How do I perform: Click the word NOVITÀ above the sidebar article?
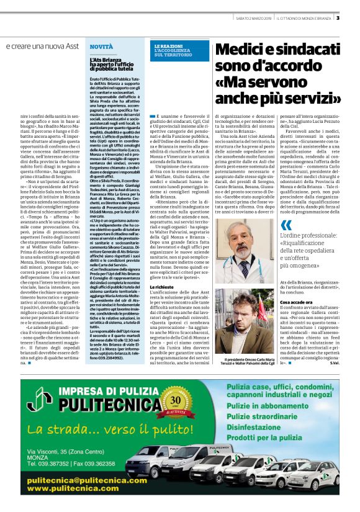(x=101, y=47)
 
